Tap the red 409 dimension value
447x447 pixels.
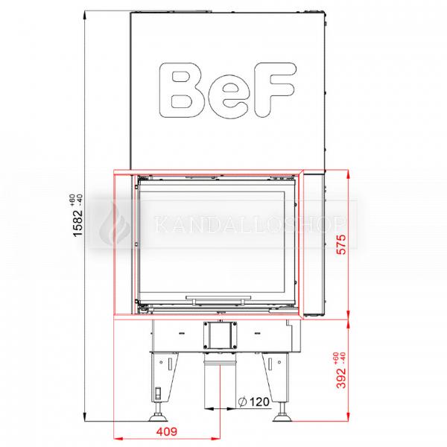point(168,431)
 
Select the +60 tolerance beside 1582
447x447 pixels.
point(71,200)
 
